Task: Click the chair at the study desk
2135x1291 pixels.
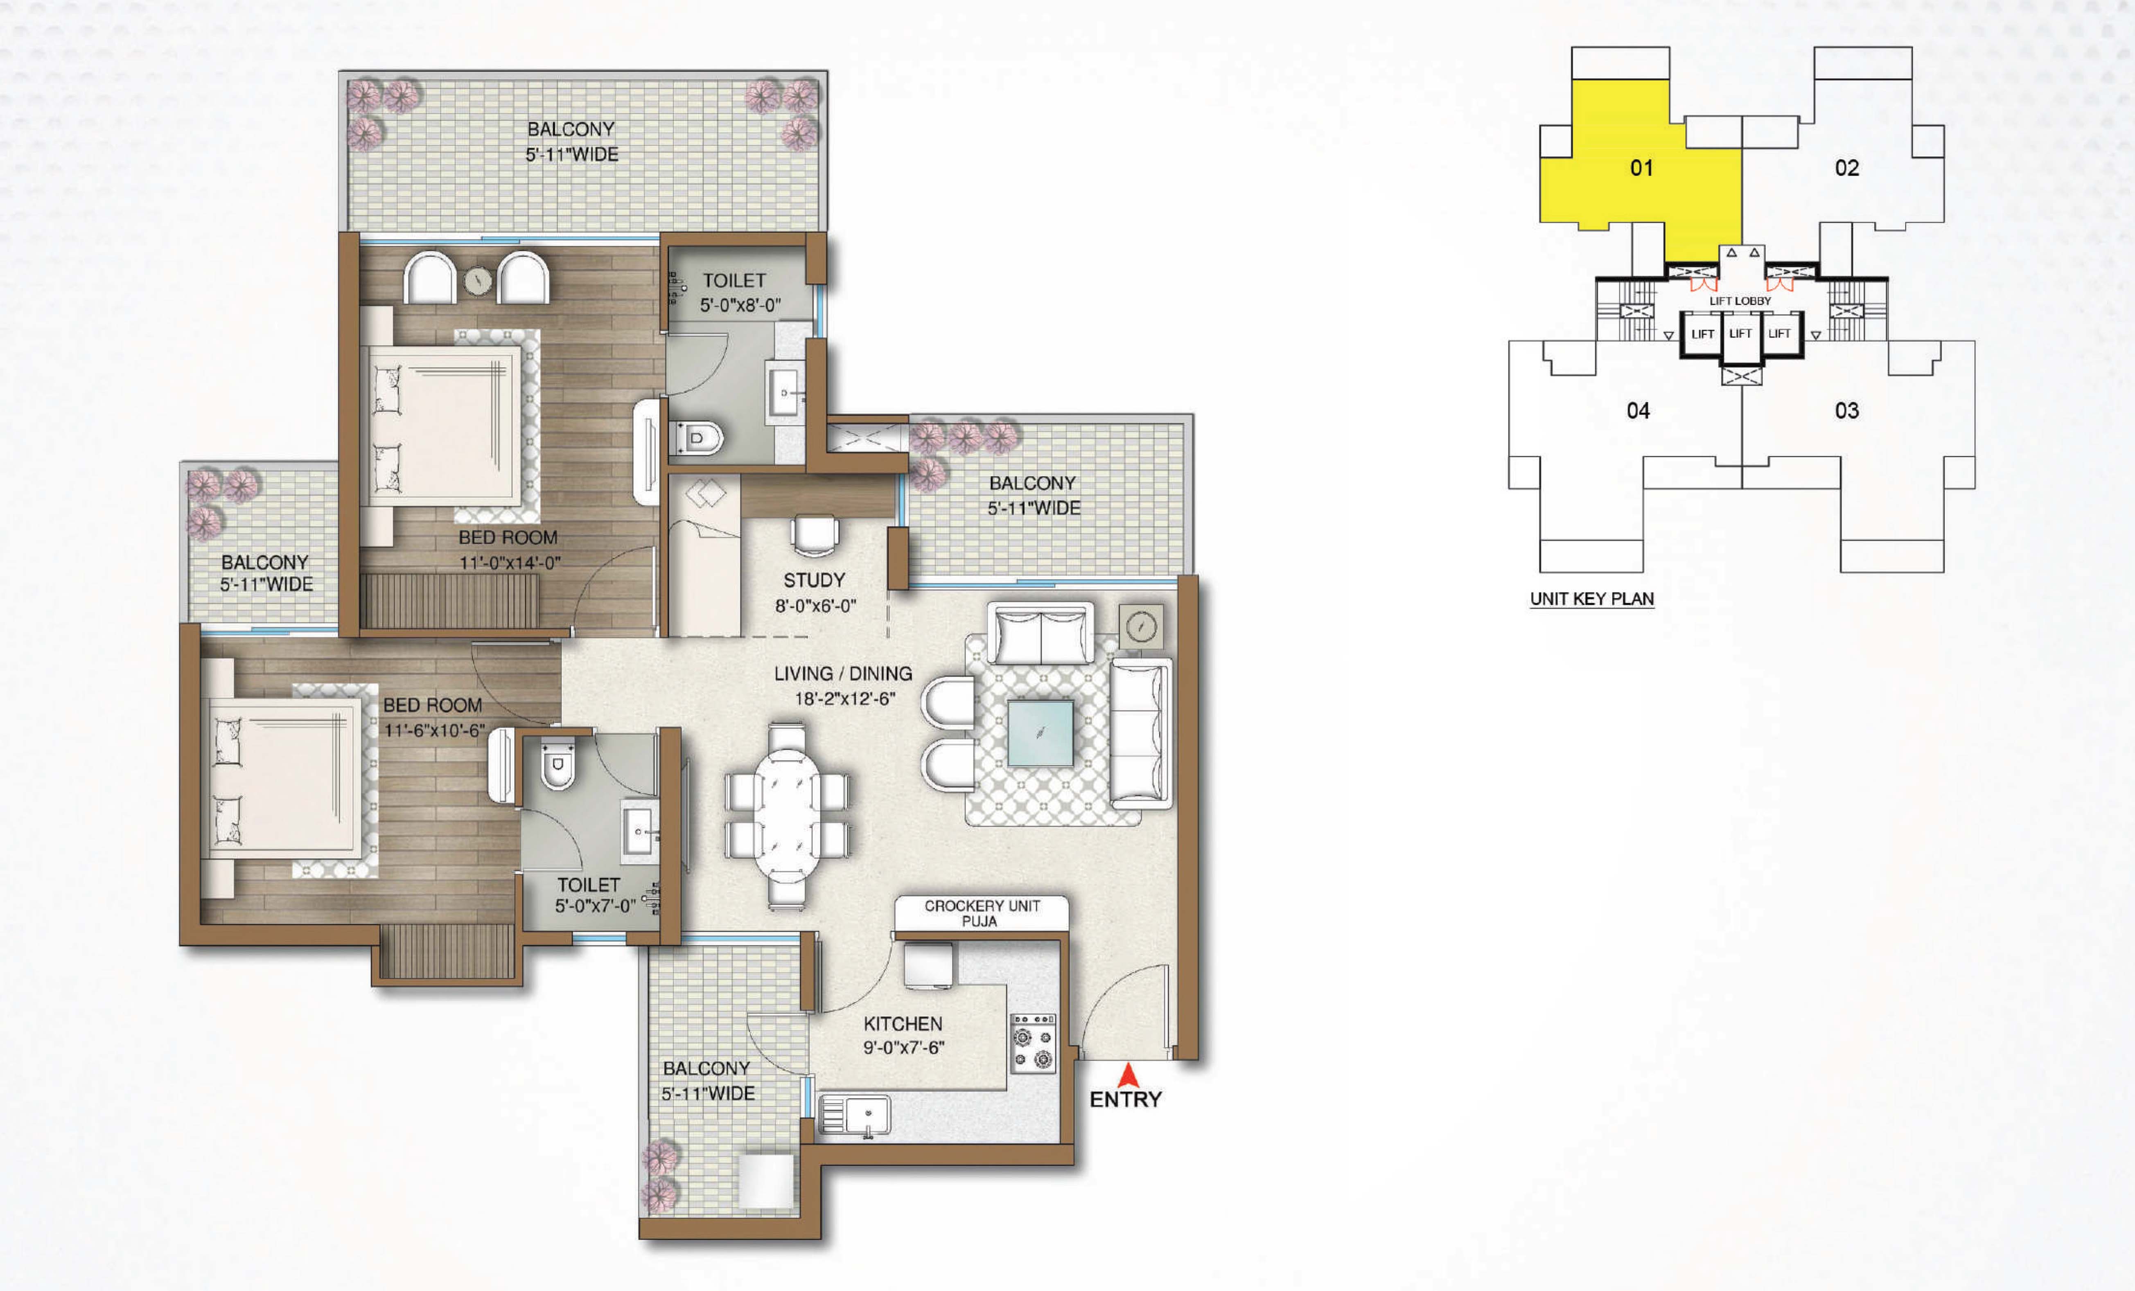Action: click(815, 534)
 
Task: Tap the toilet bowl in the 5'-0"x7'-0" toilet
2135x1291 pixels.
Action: click(557, 765)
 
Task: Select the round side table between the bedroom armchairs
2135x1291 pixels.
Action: click(477, 280)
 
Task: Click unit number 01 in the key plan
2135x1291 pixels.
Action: click(1641, 168)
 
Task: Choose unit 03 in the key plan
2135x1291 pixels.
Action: click(1846, 411)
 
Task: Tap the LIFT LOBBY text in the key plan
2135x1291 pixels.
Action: click(1740, 301)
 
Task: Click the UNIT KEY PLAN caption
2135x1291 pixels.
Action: click(1592, 599)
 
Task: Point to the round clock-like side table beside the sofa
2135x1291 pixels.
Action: click(1141, 626)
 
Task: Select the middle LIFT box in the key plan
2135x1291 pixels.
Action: click(1741, 333)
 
